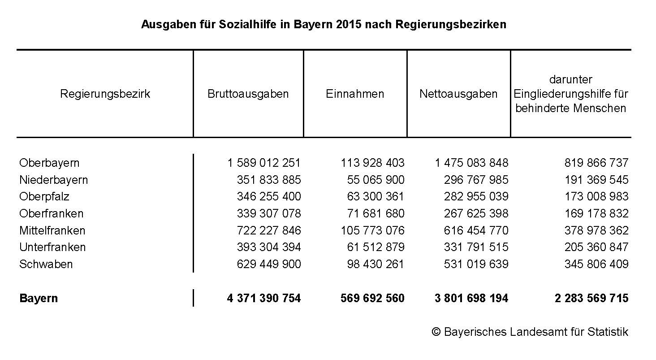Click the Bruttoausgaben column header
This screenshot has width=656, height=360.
pyautogui.click(x=248, y=94)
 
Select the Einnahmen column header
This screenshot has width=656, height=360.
pyautogui.click(x=355, y=94)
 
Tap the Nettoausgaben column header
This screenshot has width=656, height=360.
pyautogui.click(x=458, y=94)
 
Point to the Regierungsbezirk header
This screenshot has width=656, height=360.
pyautogui.click(x=105, y=94)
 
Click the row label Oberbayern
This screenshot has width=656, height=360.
pyautogui.click(x=49, y=163)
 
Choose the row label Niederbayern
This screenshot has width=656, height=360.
pyautogui.click(x=53, y=180)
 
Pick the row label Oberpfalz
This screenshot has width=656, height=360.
pyautogui.click(x=44, y=197)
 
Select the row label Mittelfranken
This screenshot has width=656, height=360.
pyautogui.click(x=52, y=230)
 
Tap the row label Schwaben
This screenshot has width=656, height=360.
pyautogui.click(x=46, y=264)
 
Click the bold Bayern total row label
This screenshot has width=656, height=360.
pyautogui.click(x=39, y=298)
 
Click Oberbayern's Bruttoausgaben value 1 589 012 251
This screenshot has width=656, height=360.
pyautogui.click(x=264, y=163)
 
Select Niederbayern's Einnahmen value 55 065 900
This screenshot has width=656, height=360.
pyautogui.click(x=375, y=180)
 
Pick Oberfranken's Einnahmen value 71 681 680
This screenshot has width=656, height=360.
pyautogui.click(x=375, y=213)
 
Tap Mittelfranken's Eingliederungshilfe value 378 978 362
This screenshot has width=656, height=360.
pyautogui.click(x=596, y=230)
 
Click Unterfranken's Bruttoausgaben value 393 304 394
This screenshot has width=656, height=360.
pyautogui.click(x=269, y=247)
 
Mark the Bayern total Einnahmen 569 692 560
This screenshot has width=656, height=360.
pyautogui.click(x=372, y=298)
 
